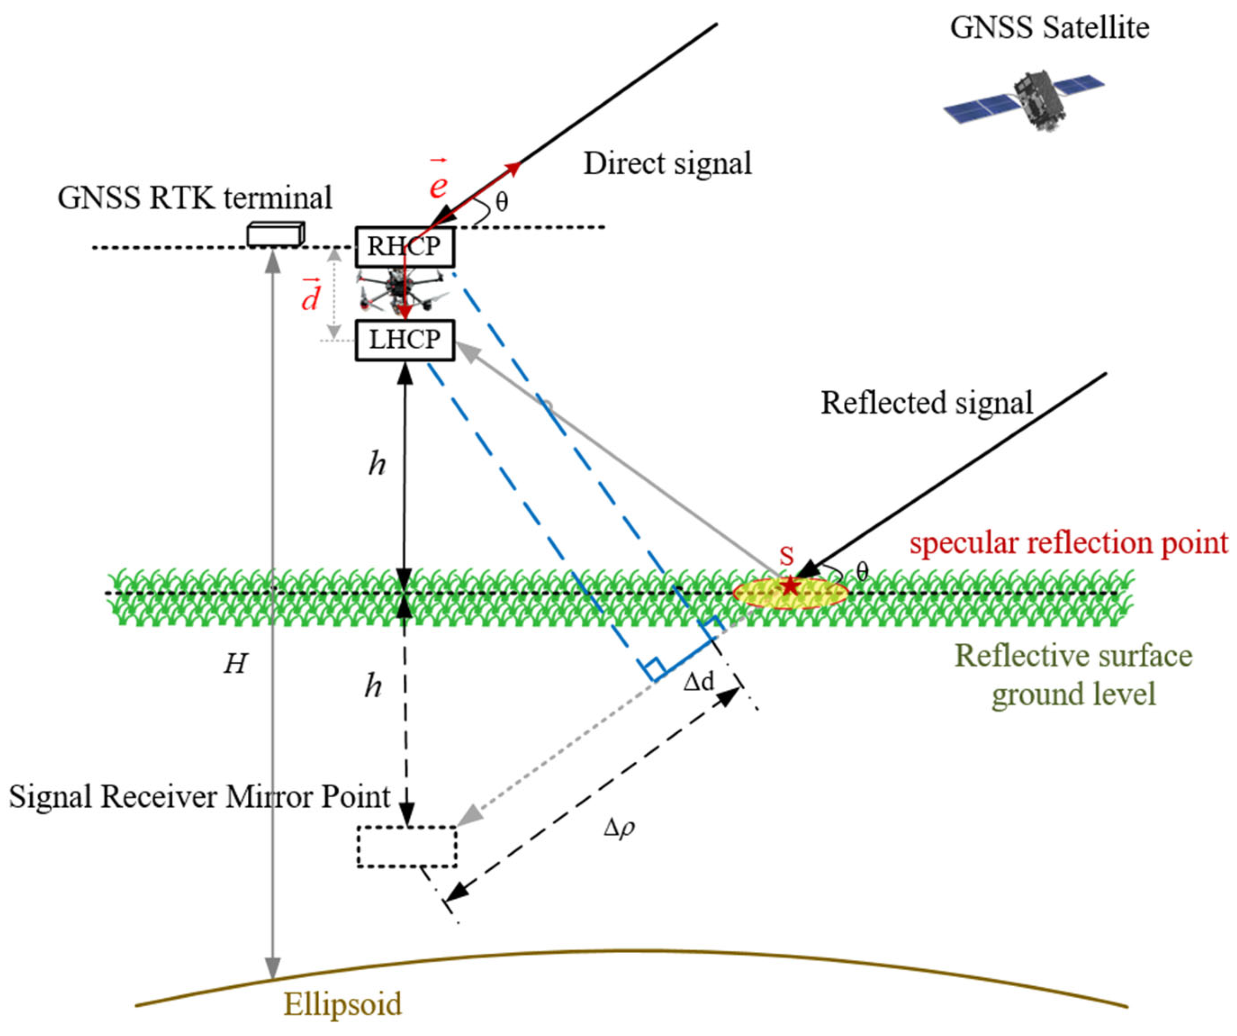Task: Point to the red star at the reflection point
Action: pyautogui.click(x=789, y=586)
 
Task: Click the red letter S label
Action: pyautogui.click(x=786, y=555)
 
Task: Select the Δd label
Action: pyautogui.click(x=698, y=682)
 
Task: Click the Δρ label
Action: pyautogui.click(x=619, y=828)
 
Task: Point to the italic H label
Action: pyautogui.click(x=235, y=664)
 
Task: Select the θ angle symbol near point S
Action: pyautogui.click(x=862, y=571)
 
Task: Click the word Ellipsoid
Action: pyautogui.click(x=343, y=1004)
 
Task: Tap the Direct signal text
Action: pyautogui.click(x=667, y=163)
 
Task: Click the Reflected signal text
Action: pyautogui.click(x=927, y=403)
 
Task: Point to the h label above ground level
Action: pyautogui.click(x=377, y=464)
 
